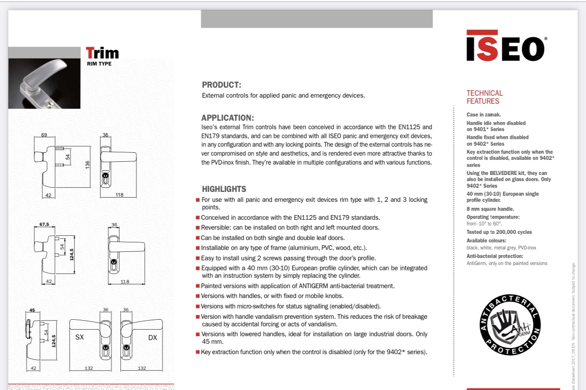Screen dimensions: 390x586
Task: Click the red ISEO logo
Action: (x=505, y=46)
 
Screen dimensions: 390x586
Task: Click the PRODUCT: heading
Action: (x=221, y=85)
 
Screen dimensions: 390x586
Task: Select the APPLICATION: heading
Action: (x=227, y=118)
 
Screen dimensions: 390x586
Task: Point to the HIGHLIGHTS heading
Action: (x=224, y=189)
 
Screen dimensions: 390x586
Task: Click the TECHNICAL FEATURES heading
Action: (x=485, y=97)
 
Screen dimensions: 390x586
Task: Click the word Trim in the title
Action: (x=102, y=53)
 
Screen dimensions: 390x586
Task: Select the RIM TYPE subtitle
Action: (x=99, y=64)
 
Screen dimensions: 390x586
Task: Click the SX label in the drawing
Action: (x=80, y=338)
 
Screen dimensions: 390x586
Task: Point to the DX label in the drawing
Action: (x=152, y=338)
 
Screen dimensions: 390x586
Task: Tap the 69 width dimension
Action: (x=44, y=135)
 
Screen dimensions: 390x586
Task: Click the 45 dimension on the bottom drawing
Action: (x=32, y=310)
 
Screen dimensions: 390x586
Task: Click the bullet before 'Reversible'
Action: (x=197, y=228)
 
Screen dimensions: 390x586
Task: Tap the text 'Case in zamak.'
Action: (x=484, y=115)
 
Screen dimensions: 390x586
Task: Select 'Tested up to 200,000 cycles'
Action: (x=499, y=232)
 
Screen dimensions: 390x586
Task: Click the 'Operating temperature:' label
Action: (x=493, y=217)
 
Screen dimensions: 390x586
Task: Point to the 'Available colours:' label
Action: (x=486, y=241)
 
